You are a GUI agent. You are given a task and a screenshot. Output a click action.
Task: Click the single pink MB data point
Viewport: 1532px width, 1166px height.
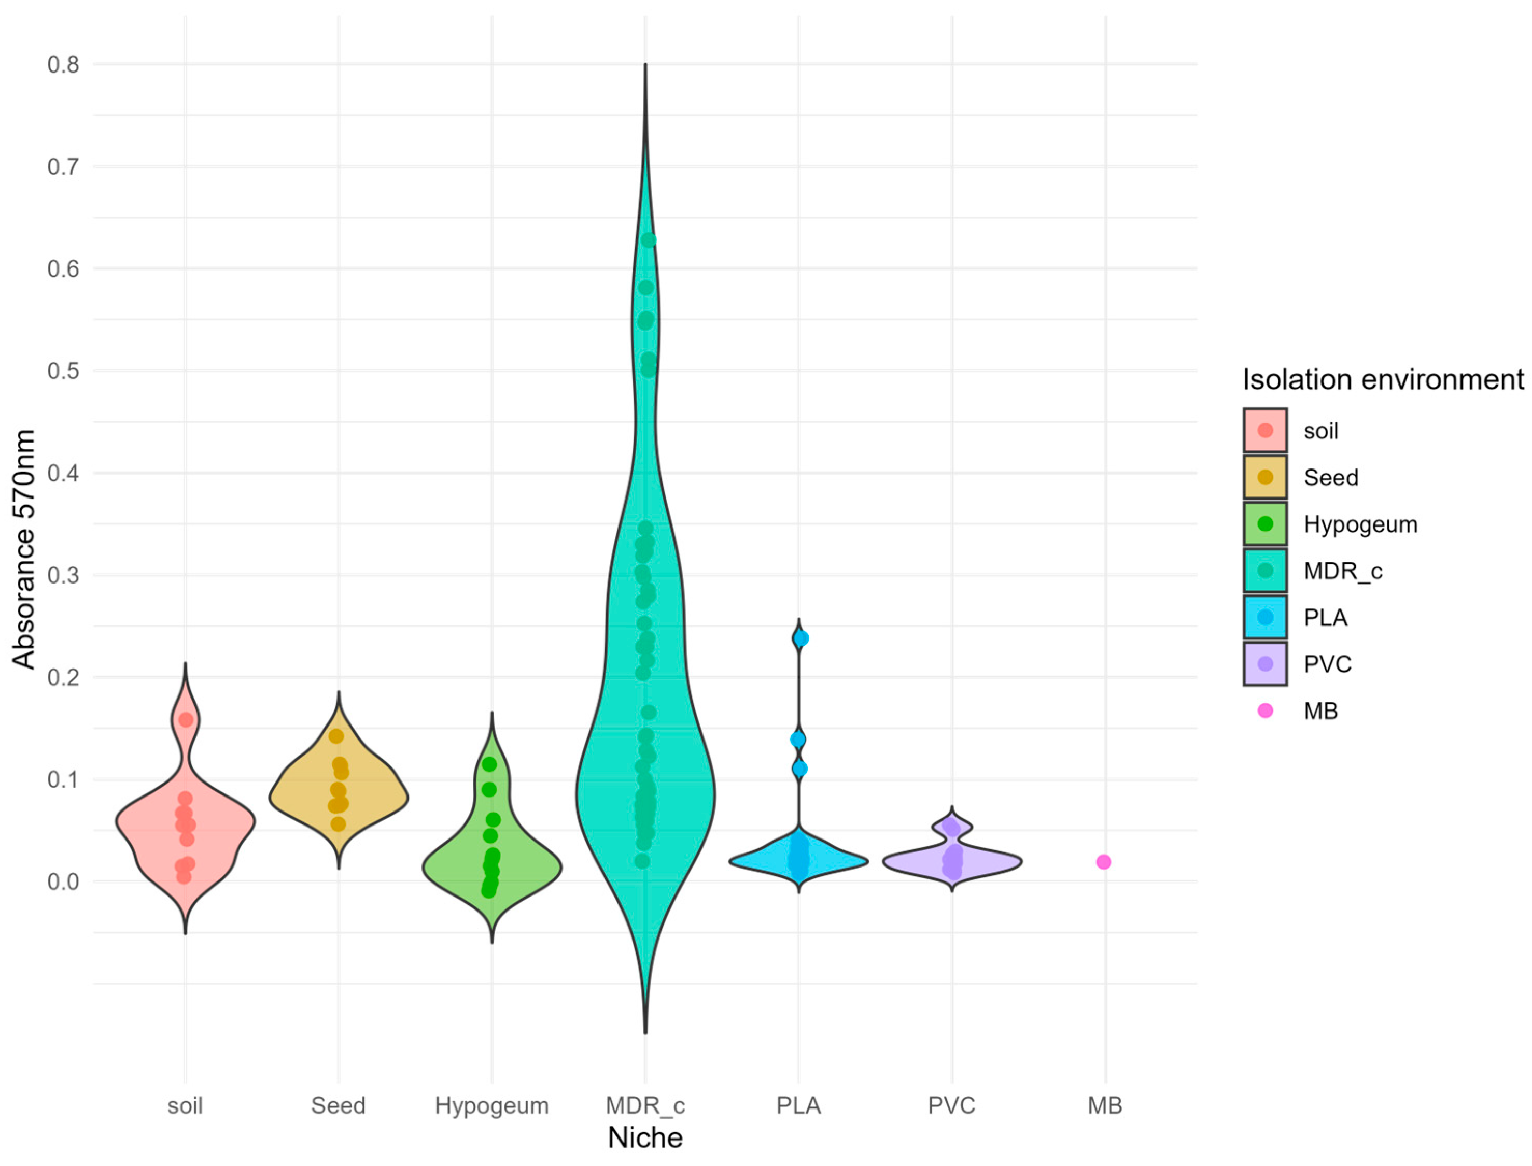pos(1103,862)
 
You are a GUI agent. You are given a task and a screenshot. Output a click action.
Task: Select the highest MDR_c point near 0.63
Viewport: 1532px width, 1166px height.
pos(649,240)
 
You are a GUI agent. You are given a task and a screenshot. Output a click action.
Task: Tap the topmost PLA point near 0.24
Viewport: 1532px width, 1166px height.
pos(801,638)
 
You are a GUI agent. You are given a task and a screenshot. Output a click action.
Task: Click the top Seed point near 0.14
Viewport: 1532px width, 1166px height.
pos(336,736)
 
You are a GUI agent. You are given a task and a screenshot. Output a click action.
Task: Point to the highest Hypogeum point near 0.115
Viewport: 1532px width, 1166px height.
pos(489,764)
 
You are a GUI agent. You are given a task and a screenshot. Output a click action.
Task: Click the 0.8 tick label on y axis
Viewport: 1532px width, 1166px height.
pos(63,65)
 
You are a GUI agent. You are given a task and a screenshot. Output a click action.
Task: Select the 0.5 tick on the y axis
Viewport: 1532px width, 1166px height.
pos(63,372)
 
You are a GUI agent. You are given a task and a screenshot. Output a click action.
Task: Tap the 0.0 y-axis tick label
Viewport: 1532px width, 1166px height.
pos(63,882)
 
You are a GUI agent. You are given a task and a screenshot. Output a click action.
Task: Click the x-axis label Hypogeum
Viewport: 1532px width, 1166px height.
pos(491,1105)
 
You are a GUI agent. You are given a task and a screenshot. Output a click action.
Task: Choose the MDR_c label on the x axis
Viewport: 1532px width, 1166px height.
pos(645,1105)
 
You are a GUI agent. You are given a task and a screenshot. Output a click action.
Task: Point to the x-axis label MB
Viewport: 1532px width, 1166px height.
pos(1104,1105)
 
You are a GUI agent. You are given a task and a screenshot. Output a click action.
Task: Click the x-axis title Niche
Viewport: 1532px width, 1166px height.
pos(645,1138)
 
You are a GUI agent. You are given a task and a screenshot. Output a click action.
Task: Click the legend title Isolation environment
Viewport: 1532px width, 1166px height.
pos(1383,380)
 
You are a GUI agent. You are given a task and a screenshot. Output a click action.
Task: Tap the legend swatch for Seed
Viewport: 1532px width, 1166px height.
pos(1265,477)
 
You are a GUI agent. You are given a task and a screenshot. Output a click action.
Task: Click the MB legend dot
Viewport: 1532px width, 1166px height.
pos(1265,710)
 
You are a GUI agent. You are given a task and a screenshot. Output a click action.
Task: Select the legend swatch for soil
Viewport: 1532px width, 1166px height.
pos(1265,430)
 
